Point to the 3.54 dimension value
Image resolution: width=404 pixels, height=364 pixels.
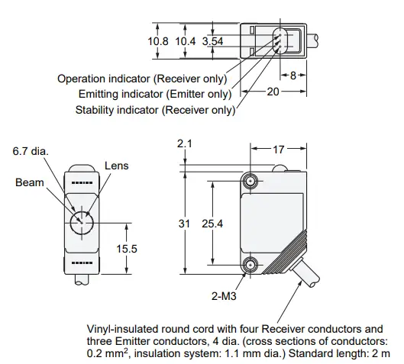click(213, 41)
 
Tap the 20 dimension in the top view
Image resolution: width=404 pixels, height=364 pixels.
click(272, 91)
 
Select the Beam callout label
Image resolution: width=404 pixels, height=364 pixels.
click(29, 183)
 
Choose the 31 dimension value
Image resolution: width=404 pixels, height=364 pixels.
click(183, 223)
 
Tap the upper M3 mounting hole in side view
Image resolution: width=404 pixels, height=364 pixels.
click(250, 181)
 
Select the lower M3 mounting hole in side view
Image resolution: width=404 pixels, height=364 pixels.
click(250, 265)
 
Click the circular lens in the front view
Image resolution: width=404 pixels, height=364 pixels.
click(81, 223)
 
